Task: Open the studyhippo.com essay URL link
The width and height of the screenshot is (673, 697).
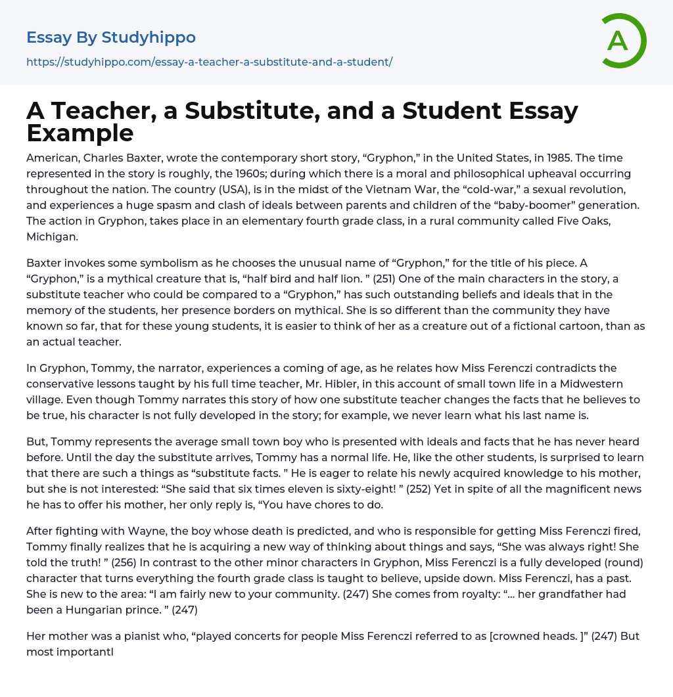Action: click(x=209, y=62)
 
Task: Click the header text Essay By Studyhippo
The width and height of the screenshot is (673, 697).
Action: click(x=111, y=37)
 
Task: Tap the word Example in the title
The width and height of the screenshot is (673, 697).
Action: click(x=80, y=133)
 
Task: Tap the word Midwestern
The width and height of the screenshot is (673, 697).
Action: click(x=586, y=384)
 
